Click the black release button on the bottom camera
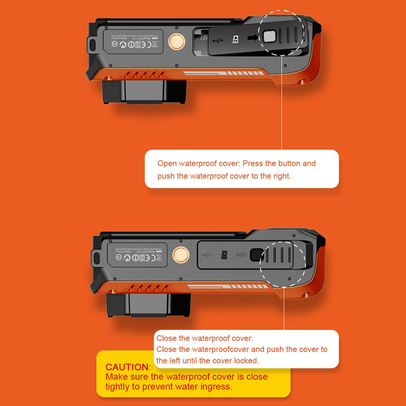point(256,255)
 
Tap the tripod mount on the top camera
point(177,41)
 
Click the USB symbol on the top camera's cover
point(217,40)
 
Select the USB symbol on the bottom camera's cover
point(207,255)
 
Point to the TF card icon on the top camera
point(235,39)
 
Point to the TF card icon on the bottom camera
point(224,255)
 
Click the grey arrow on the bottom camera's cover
point(242,255)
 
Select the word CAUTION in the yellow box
point(127,367)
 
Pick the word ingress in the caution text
point(216,387)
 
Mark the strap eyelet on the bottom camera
point(97,257)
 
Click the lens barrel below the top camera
point(144,91)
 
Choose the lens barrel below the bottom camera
point(148,305)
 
